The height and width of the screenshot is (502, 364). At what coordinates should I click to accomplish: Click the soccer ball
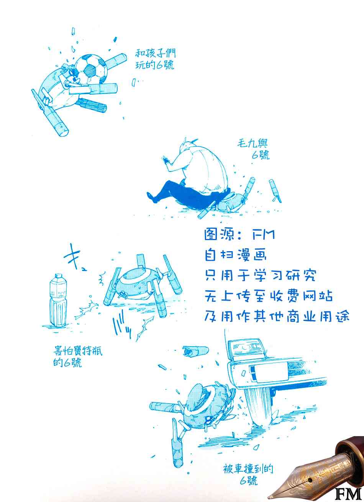point(91,68)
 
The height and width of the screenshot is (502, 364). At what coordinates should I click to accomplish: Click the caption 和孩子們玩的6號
point(156,59)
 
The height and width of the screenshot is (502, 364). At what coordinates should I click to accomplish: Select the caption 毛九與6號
point(254,149)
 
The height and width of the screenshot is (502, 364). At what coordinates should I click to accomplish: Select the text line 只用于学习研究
point(261,275)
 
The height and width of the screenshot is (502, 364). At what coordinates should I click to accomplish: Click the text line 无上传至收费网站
point(269,296)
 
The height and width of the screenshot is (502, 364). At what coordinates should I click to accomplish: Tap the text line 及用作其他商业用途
point(277,316)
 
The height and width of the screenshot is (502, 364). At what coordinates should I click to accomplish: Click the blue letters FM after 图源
point(263,235)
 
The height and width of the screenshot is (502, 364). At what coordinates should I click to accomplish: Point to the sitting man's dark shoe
point(152,197)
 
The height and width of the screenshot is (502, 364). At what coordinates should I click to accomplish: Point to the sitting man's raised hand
point(166,160)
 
